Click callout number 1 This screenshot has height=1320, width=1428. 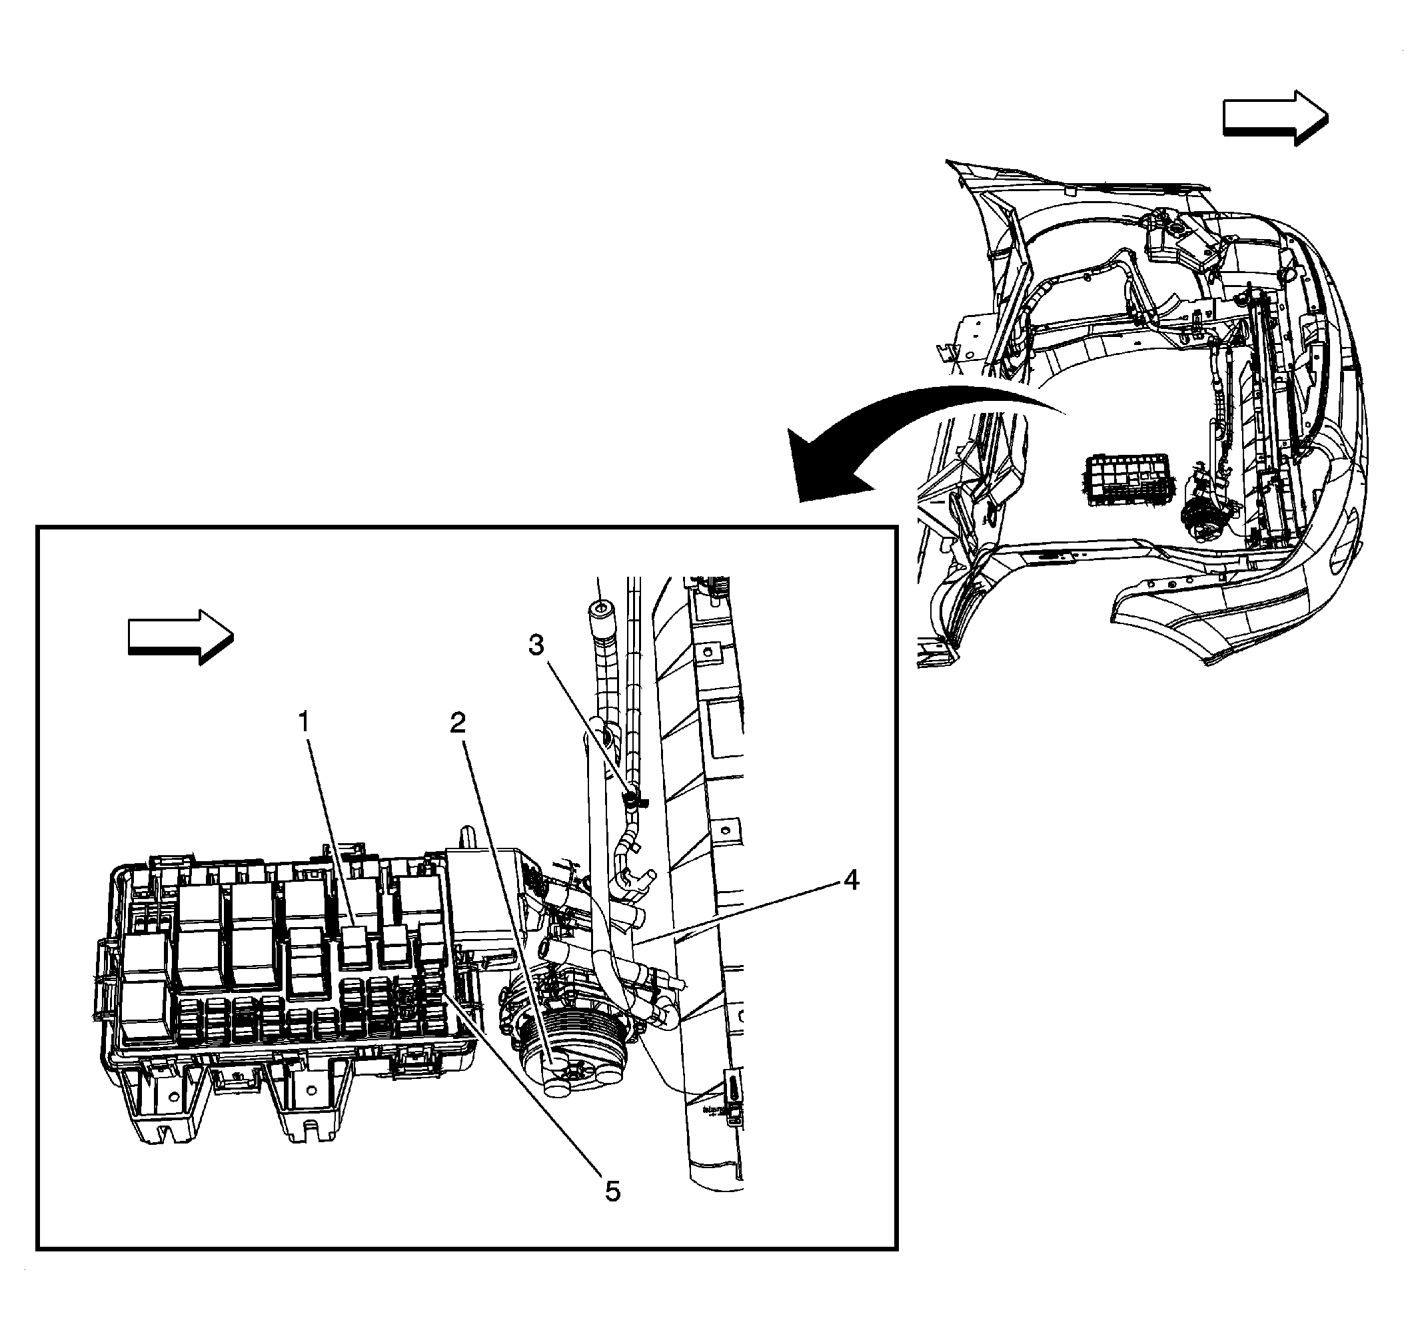pos(304,722)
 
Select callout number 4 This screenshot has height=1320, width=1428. pos(850,880)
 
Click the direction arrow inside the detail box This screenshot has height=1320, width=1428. pos(181,637)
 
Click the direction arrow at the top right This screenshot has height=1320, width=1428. pos(1275,118)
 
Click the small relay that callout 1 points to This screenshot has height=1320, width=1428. pos(355,944)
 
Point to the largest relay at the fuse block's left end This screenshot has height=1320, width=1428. pos(147,986)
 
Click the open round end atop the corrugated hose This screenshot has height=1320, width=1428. pos(599,609)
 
